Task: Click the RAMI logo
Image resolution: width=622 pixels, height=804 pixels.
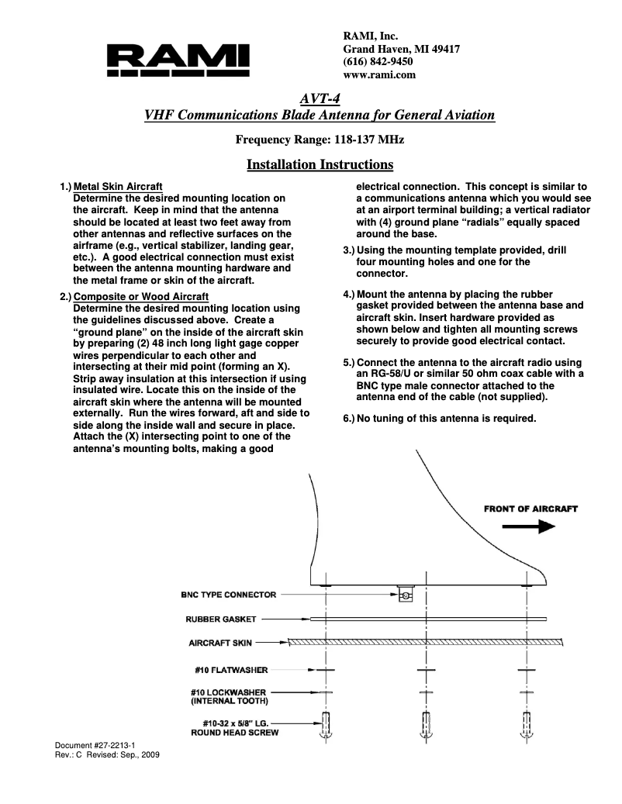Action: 178,59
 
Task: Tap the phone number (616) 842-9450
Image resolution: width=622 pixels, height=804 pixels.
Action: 377,62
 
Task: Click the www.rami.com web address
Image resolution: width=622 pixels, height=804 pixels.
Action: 379,75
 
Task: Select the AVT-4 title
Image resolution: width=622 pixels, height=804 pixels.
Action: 320,98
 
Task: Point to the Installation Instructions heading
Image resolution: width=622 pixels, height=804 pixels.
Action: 320,164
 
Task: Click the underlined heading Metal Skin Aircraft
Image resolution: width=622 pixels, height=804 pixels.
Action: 118,187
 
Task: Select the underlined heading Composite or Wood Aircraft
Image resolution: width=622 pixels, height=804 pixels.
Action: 140,297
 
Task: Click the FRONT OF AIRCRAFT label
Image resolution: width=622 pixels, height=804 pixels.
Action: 530,509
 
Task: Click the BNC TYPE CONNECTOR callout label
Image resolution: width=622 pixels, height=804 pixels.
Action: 228,595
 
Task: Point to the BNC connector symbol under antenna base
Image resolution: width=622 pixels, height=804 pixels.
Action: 405,595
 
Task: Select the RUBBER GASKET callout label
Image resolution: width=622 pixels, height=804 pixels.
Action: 221,619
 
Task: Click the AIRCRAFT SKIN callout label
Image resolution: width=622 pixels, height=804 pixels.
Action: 221,643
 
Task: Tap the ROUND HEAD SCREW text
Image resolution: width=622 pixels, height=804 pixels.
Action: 235,732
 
